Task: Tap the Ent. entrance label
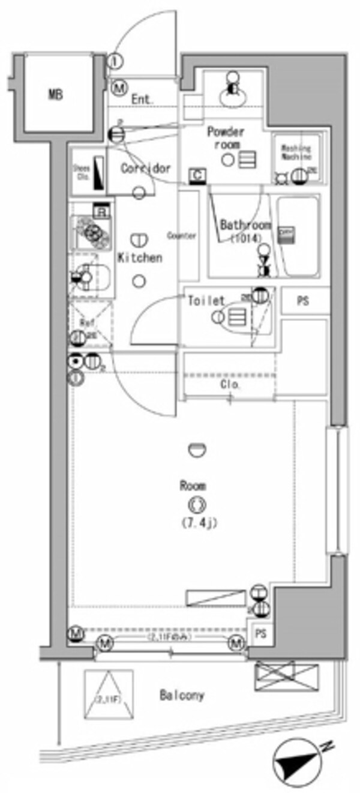pyautogui.click(x=143, y=100)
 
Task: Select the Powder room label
pyautogui.click(x=226, y=138)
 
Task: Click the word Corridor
pyautogui.click(x=146, y=169)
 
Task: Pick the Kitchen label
pyautogui.click(x=140, y=258)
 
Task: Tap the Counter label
pyautogui.click(x=182, y=236)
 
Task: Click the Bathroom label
pyautogui.click(x=245, y=231)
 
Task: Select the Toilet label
pyautogui.click(x=206, y=300)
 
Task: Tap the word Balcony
pyautogui.click(x=182, y=696)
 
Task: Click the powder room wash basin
pyautogui.click(x=232, y=90)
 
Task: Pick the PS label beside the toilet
pyautogui.click(x=303, y=301)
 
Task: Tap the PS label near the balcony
pyautogui.click(x=260, y=634)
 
